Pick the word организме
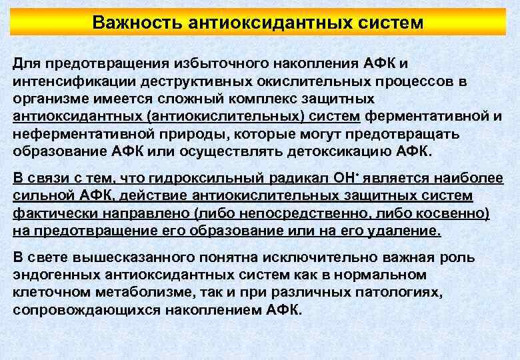48,99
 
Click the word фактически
52,213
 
